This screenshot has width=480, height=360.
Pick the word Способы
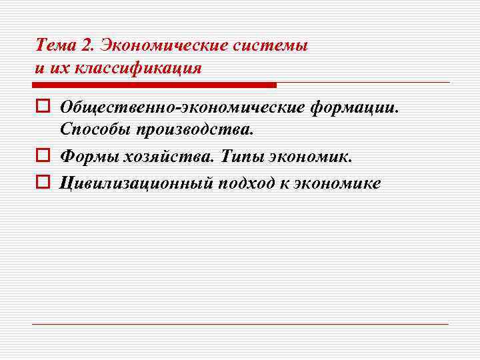(x=94, y=129)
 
